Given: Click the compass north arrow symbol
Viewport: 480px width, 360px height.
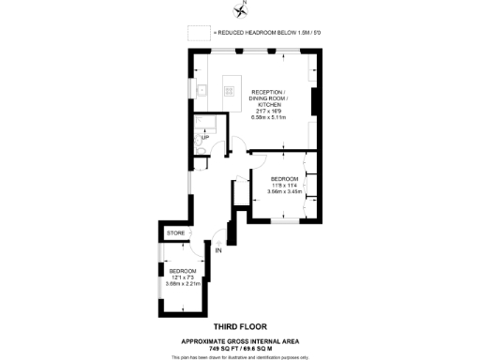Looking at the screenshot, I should click(x=242, y=10).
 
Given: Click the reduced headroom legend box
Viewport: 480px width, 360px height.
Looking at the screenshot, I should click(x=198, y=32).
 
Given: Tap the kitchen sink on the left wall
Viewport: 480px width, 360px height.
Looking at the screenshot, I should click(x=202, y=91).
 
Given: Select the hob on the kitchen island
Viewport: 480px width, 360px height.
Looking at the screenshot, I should click(x=229, y=91).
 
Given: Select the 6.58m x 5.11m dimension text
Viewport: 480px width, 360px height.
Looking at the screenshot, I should click(x=283, y=118).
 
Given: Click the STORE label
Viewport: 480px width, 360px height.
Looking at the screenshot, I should click(x=175, y=232).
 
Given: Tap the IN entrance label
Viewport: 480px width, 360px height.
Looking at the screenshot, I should click(x=218, y=251).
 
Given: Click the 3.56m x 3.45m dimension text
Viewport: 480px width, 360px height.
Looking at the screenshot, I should click(x=284, y=191).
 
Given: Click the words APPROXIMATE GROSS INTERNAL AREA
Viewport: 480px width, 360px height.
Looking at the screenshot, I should click(x=240, y=340).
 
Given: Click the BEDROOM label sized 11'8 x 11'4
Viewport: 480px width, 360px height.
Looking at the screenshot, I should click(x=284, y=178).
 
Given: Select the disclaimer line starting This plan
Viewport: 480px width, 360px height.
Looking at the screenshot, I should click(x=240, y=356).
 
